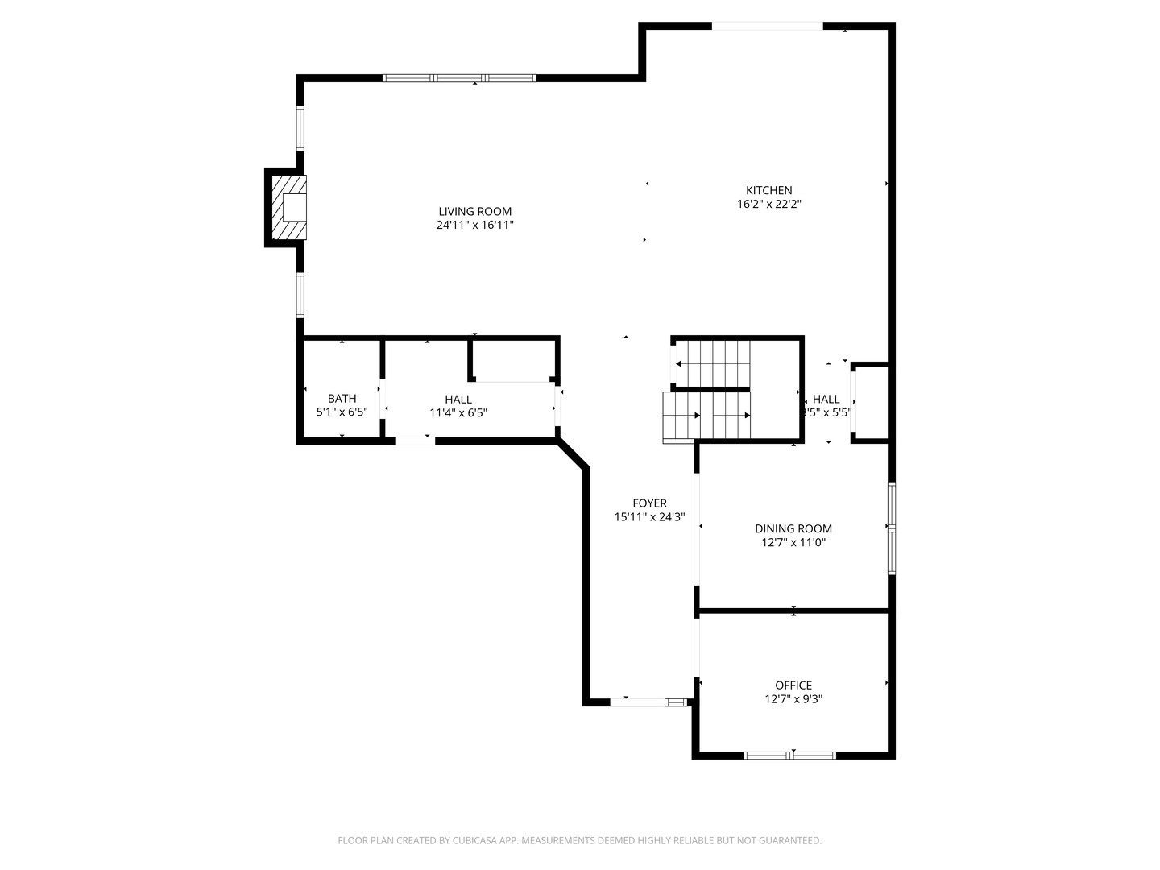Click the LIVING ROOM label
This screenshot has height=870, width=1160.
click(x=474, y=212)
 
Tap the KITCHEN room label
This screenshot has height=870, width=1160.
click(x=768, y=191)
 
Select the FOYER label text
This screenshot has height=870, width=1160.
click(x=649, y=503)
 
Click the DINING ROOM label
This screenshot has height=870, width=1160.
click(x=793, y=529)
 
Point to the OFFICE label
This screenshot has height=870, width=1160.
click(x=793, y=686)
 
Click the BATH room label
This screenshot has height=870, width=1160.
click(x=342, y=399)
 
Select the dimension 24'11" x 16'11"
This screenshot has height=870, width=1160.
click(x=474, y=226)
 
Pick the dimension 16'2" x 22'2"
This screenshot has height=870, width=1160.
click(x=768, y=205)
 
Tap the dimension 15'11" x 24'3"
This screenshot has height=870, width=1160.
click(x=649, y=517)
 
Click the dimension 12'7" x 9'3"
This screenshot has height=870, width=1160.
click(x=793, y=699)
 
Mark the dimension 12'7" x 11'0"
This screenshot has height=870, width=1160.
click(x=793, y=543)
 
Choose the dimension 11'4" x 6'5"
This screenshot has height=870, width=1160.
click(x=458, y=413)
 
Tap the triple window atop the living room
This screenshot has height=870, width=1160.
click(x=459, y=78)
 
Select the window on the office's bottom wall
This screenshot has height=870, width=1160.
click(x=789, y=756)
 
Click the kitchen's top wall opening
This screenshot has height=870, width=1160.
click(x=767, y=27)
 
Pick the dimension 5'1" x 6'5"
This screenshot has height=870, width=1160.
click(x=342, y=412)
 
